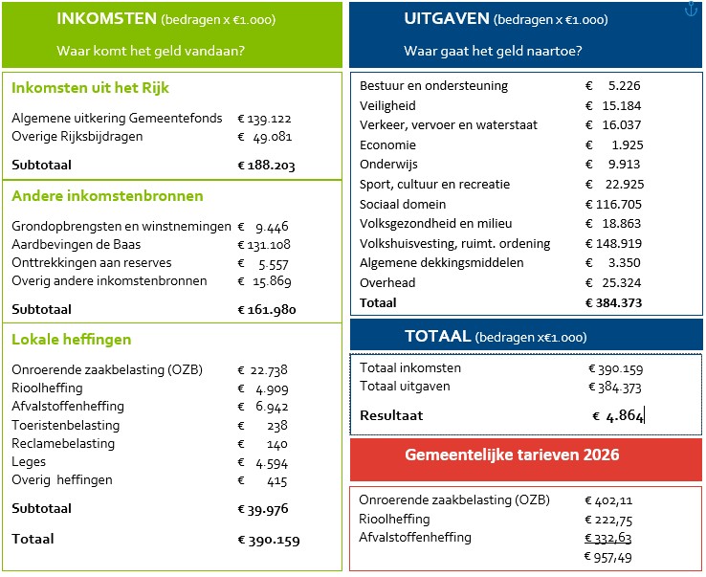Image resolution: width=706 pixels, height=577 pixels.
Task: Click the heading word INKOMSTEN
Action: point(106,19)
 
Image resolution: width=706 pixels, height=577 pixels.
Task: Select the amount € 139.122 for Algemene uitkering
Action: point(263,119)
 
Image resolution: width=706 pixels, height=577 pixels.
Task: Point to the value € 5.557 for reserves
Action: point(263,263)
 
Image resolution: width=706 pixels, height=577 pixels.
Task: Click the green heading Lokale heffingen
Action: point(71,340)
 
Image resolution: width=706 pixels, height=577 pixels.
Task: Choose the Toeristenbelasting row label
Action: point(66,425)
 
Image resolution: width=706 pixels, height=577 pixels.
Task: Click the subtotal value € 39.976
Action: point(263,509)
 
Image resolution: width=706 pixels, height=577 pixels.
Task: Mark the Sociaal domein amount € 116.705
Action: point(613,204)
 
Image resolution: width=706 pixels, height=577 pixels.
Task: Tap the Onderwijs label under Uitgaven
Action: point(388,165)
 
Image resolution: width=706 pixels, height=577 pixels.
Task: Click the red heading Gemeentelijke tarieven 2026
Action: point(525,455)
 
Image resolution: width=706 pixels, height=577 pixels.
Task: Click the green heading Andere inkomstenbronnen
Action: point(107,196)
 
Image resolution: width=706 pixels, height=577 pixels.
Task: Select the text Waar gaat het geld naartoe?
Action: point(494,51)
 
